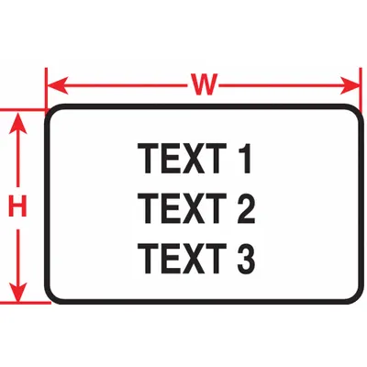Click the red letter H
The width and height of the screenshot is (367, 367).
tap(17, 206)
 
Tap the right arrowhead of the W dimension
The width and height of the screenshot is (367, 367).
tap(350, 85)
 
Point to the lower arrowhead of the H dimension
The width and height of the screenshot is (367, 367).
tap(18, 292)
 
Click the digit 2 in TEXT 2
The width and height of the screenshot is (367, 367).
tap(247, 208)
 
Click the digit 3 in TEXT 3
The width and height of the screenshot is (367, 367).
tap(247, 258)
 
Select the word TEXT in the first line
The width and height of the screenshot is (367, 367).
tap(182, 159)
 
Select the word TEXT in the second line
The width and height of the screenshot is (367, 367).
tap(182, 208)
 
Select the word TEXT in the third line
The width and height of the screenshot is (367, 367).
tap(182, 258)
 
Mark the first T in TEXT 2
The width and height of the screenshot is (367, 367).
tap(149, 208)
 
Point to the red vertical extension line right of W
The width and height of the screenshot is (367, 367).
tap(361, 90)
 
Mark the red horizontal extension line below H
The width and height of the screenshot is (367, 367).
tap(26, 303)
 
